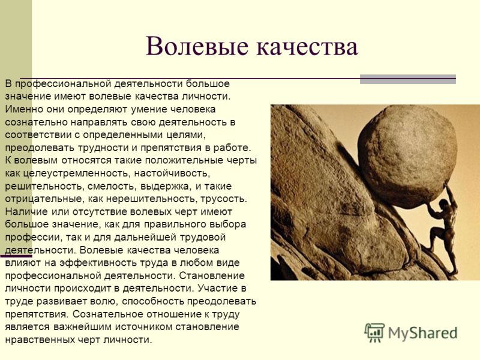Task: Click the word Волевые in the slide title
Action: click(x=197, y=47)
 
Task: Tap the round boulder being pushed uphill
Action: click(x=407, y=157)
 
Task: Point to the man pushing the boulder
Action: click(x=443, y=230)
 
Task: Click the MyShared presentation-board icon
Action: click(x=374, y=332)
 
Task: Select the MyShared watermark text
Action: click(x=423, y=333)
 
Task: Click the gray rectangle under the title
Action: click(x=408, y=79)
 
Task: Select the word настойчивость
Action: click(x=172, y=173)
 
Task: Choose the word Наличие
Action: click(x=26, y=212)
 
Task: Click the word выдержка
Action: click(x=167, y=187)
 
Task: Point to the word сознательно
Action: click(x=35, y=122)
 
